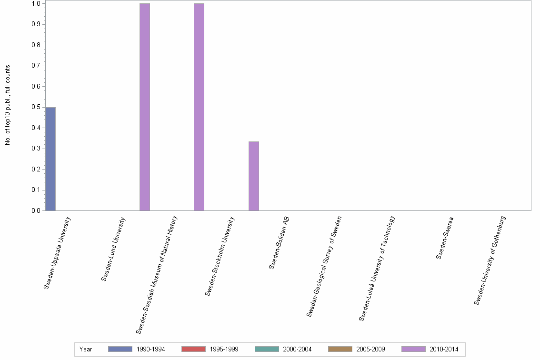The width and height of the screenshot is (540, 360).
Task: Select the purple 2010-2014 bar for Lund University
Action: [145, 107]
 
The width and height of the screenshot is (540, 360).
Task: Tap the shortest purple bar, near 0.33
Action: [254, 176]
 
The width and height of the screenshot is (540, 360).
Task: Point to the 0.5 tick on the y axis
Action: [43, 107]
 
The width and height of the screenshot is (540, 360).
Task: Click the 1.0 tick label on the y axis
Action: [36, 4]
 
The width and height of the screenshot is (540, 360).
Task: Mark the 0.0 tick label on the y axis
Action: [36, 210]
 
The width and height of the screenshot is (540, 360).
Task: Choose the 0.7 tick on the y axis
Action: [43, 66]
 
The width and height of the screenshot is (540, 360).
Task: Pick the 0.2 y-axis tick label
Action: [36, 169]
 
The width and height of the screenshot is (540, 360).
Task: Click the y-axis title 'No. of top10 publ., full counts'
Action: [8, 105]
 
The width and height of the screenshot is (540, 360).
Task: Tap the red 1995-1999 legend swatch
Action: [193, 349]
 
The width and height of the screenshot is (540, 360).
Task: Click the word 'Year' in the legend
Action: [86, 349]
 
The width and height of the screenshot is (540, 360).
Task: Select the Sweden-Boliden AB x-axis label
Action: [279, 243]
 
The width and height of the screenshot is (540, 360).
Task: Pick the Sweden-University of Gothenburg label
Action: [490, 260]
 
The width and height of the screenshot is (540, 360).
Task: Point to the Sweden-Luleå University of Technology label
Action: [377, 268]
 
